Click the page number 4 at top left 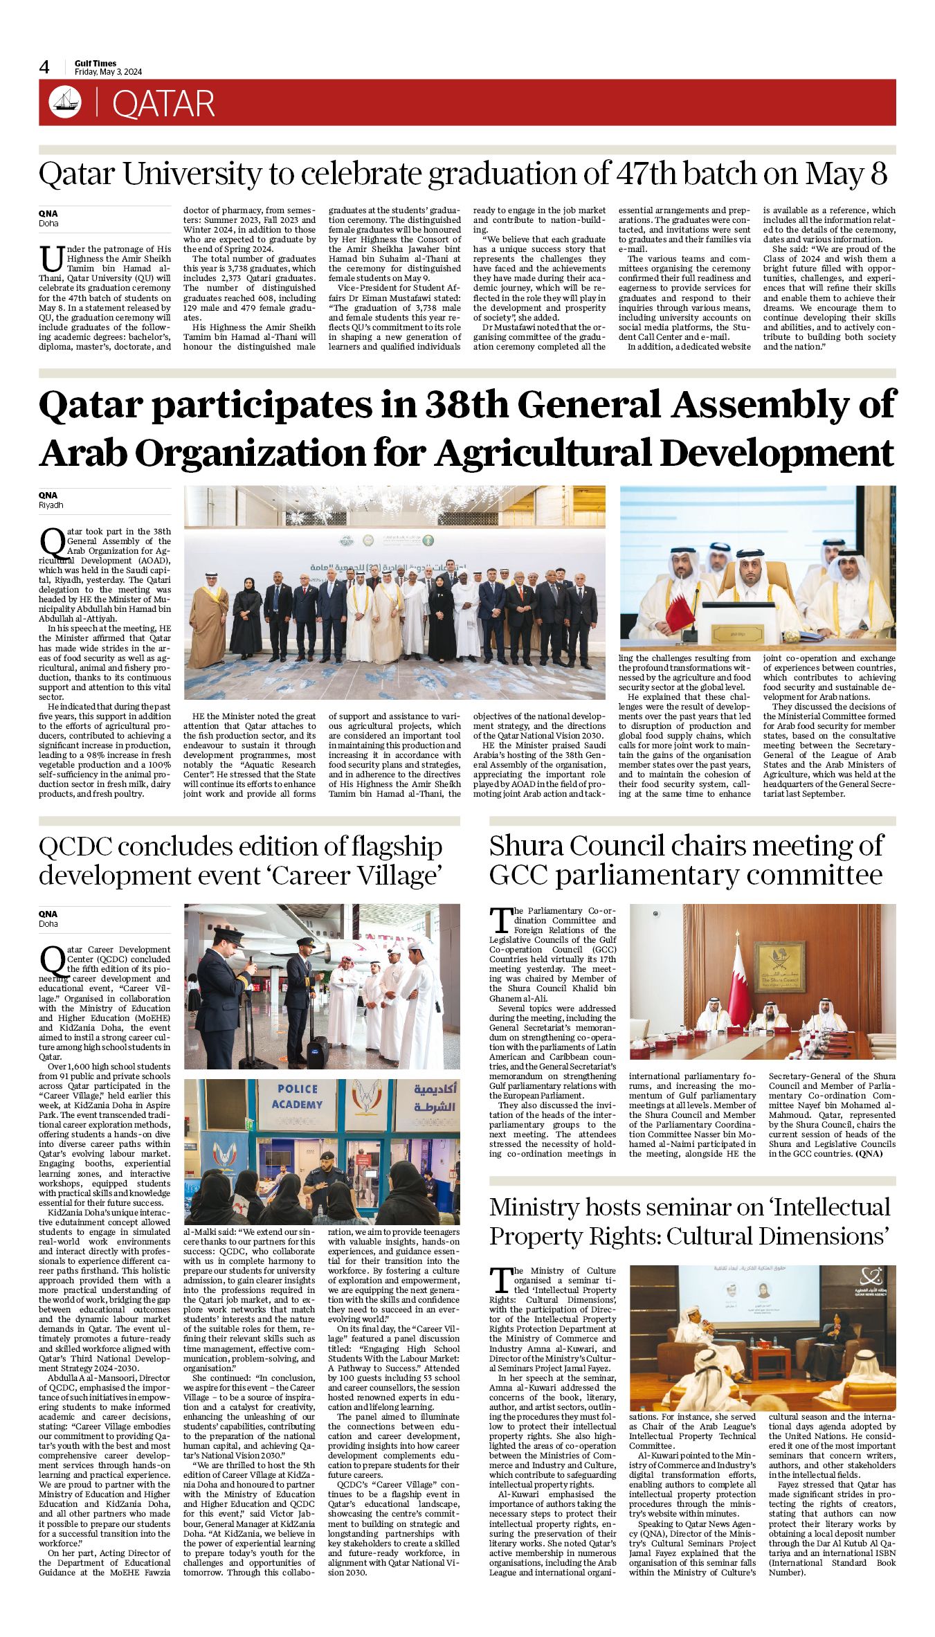pyautogui.click(x=44, y=67)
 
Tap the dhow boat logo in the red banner pyautogui.click(x=65, y=102)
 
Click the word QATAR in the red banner pyautogui.click(x=163, y=104)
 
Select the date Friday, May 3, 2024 pyautogui.click(x=109, y=72)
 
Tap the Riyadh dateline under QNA pyautogui.click(x=49, y=505)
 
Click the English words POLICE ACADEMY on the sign pyautogui.click(x=297, y=1096)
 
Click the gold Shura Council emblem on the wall pyautogui.click(x=779, y=966)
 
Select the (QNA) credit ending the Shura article pyautogui.click(x=869, y=1154)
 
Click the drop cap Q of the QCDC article pyautogui.click(x=52, y=960)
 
